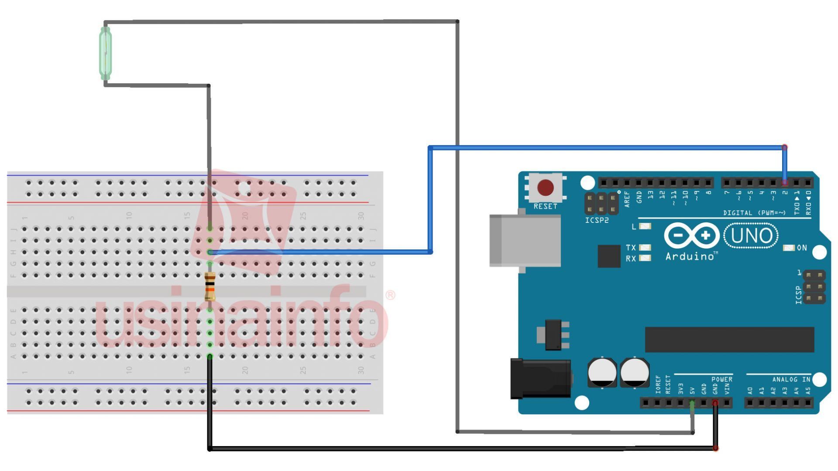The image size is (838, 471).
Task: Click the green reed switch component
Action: click(x=105, y=53)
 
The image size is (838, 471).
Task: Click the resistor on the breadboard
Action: click(x=210, y=286)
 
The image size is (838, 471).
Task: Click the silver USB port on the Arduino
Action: click(x=525, y=240)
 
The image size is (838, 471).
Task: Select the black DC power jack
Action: click(x=540, y=379)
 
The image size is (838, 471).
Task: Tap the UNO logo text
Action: click(x=751, y=235)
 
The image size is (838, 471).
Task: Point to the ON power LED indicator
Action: click(x=789, y=248)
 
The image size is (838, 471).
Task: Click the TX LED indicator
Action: click(x=645, y=247)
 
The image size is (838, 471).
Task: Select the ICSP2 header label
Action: click(x=597, y=220)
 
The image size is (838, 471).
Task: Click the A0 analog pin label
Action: click(x=750, y=390)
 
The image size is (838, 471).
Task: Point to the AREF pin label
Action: click(x=627, y=198)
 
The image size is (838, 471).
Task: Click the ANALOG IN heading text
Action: click(x=791, y=379)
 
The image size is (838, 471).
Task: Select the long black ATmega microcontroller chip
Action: click(x=729, y=339)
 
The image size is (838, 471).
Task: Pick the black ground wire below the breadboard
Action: click(x=436, y=448)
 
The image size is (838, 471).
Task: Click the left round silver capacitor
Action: click(x=602, y=372)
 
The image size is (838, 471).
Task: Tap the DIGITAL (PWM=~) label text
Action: click(x=754, y=213)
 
